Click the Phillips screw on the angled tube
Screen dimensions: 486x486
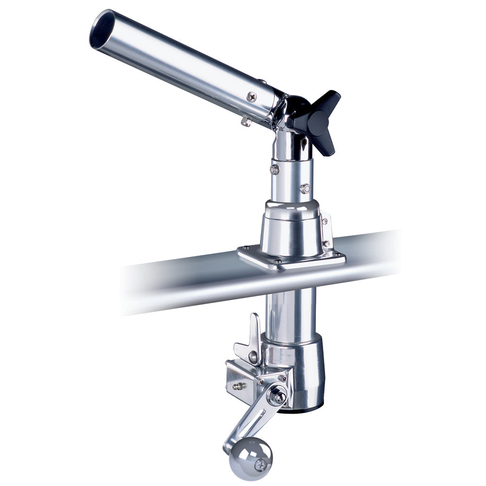251,97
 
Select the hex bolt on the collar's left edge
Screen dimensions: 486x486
275,169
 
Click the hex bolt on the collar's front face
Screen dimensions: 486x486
305,188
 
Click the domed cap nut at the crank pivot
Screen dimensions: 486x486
278,396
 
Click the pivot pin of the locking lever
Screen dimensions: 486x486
253,357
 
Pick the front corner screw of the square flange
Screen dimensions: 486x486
278,262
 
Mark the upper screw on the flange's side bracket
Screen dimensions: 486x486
324,221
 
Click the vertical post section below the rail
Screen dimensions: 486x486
291,311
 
